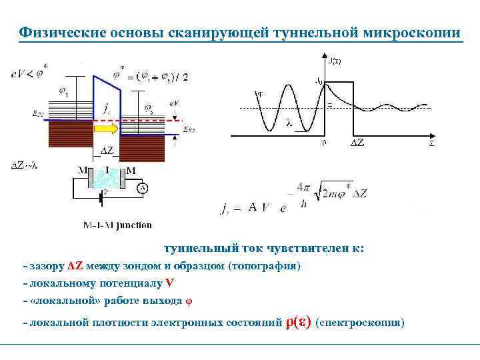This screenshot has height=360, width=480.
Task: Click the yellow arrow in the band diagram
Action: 105,127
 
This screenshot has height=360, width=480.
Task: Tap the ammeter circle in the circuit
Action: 142,189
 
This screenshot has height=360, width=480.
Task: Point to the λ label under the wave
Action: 289,123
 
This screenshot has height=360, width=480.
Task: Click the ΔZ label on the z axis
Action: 357,143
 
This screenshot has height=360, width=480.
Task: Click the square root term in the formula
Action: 342,193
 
